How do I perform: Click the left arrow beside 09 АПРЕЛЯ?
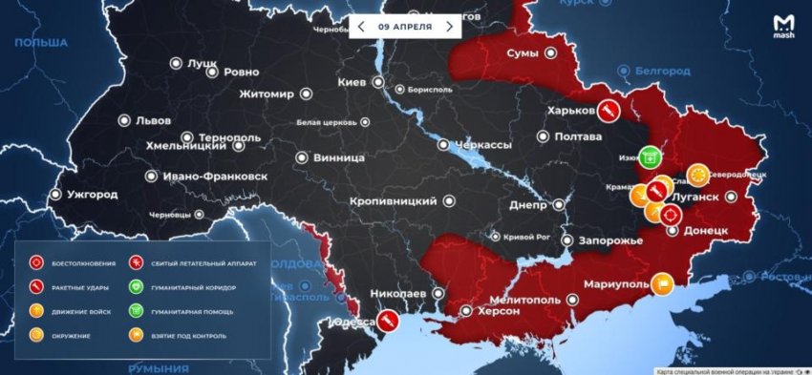(x=359, y=27)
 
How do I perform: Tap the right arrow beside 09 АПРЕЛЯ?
(x=449, y=27)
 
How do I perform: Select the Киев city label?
(x=353, y=83)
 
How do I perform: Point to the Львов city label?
(x=153, y=121)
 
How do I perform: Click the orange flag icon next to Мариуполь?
(x=663, y=283)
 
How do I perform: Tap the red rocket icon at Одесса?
(x=388, y=323)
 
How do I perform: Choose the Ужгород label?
(x=92, y=195)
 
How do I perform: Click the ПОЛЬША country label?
(x=40, y=44)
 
